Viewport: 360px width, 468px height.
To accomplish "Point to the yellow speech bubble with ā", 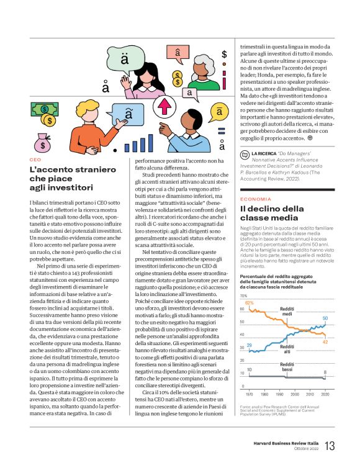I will point(220,112).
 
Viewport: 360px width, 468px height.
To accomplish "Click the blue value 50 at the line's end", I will point(325,318).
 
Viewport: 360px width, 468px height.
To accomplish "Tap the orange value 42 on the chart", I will point(325,341).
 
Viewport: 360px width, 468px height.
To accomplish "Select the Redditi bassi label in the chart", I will point(287,366).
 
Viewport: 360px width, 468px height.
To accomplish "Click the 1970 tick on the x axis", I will point(250,394).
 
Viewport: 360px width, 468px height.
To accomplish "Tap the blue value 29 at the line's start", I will point(249,344).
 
